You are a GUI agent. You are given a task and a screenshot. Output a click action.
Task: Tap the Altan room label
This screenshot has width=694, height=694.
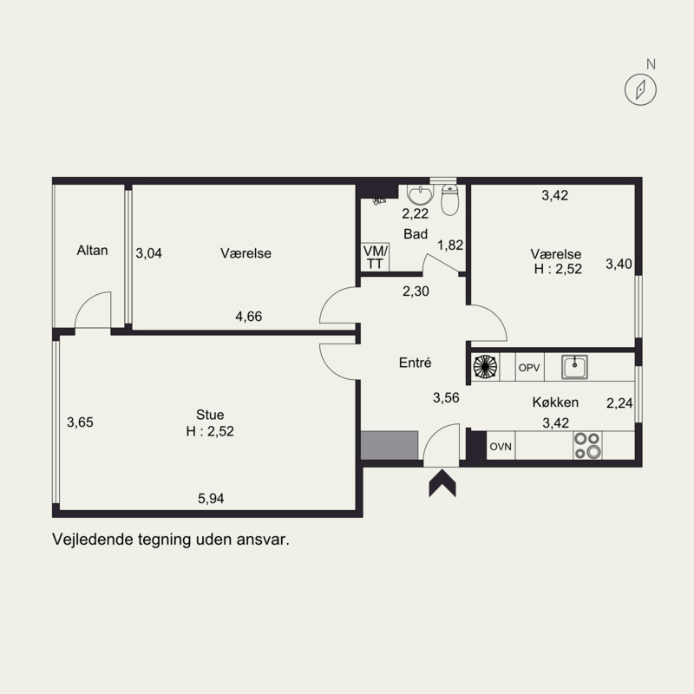[92, 251]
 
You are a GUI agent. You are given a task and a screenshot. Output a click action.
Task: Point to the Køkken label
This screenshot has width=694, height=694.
[555, 403]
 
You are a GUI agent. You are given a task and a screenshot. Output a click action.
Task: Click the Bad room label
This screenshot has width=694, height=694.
[416, 234]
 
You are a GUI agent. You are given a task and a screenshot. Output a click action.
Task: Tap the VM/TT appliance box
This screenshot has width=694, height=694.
[376, 257]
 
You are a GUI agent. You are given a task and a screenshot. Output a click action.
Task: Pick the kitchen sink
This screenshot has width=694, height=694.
[575, 368]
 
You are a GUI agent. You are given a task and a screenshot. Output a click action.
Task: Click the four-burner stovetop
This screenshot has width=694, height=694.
[586, 446]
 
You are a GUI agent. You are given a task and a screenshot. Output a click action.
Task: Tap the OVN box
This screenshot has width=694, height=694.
[501, 447]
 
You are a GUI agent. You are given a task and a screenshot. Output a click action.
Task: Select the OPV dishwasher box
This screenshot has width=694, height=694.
[529, 368]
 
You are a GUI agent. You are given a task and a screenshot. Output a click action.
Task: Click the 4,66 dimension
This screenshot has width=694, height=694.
[248, 317]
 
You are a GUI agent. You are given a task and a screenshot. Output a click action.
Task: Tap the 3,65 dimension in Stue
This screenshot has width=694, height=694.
[80, 423]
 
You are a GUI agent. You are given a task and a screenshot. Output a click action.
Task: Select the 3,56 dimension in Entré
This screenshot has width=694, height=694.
[447, 398]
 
